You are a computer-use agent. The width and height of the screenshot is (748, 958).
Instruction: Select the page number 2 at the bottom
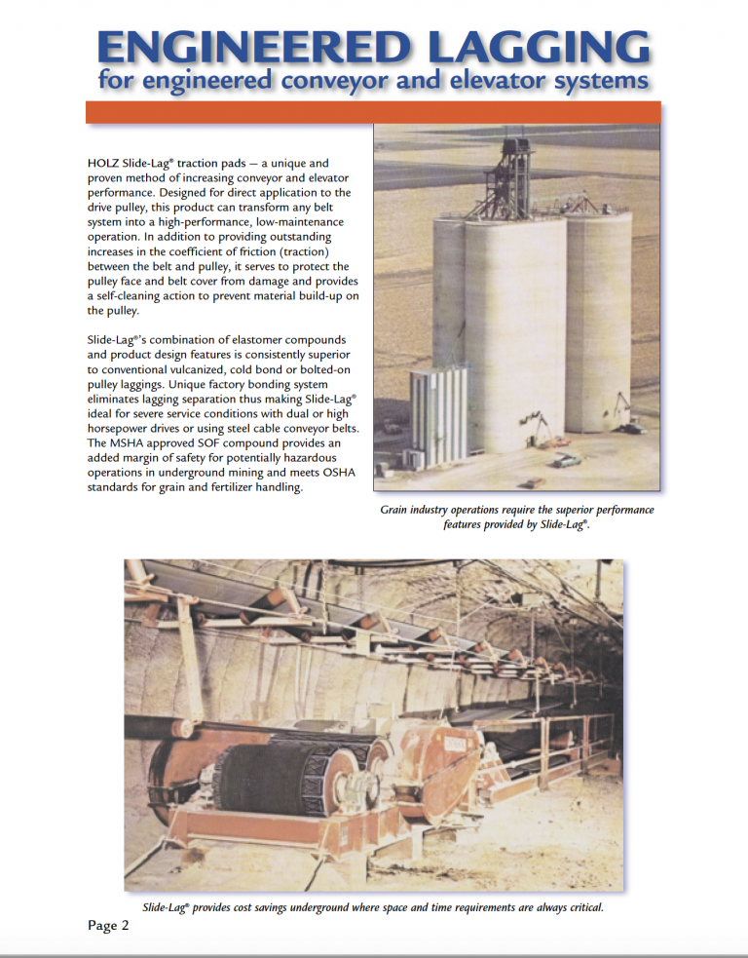click(125, 926)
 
